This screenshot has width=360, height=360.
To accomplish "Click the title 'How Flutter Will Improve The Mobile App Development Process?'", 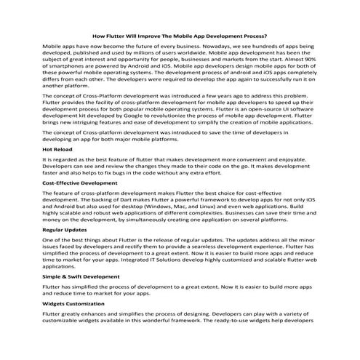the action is tap(180, 35).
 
